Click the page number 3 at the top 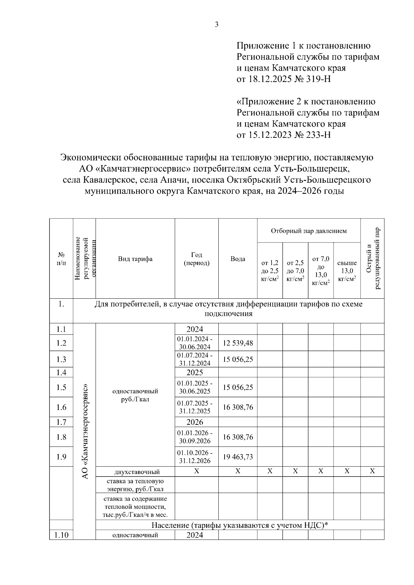(217, 24)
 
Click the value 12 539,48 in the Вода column (238, 343)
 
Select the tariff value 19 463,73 (238, 457)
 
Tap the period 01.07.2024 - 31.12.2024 (195, 359)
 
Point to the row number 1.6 (61, 407)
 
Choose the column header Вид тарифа (135, 259)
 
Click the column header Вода (238, 259)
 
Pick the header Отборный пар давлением (309, 231)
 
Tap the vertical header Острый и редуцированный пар (373, 258)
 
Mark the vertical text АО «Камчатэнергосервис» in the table (85, 431)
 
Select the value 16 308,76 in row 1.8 (238, 437)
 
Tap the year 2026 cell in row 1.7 (195, 422)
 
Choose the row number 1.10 (61, 535)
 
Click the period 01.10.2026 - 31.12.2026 (195, 457)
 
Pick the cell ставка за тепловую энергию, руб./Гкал (135, 485)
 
